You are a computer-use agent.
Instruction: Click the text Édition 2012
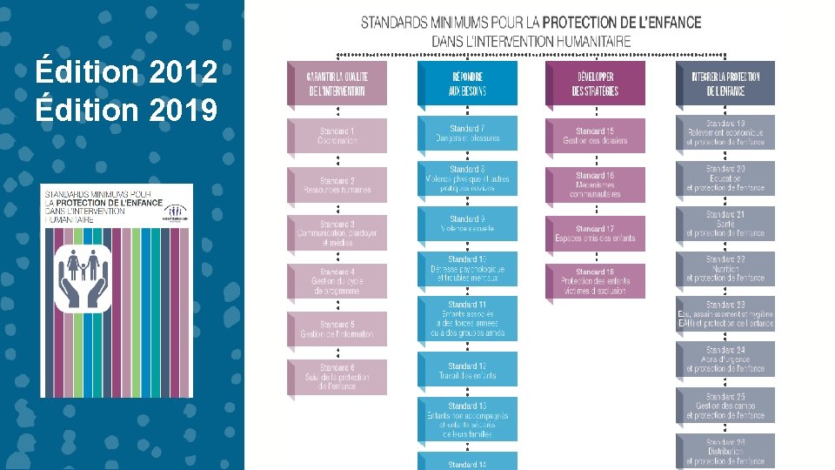coord(127,72)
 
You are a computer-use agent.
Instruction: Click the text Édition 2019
coord(127,110)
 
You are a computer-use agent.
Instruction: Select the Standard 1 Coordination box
coord(337,136)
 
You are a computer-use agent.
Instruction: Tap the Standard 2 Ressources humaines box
coord(337,185)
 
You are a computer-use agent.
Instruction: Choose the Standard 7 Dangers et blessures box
coord(467,133)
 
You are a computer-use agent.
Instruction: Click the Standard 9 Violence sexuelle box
coord(467,224)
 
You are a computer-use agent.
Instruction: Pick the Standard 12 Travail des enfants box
coord(467,370)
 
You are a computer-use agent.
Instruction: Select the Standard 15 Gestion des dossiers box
coord(595,136)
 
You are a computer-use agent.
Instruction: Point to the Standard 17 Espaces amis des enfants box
coord(595,233)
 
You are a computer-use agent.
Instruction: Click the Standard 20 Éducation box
coord(725,178)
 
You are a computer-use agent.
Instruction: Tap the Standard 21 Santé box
coord(725,224)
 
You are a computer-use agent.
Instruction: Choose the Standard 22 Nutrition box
coord(725,269)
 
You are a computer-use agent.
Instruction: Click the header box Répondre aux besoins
coord(467,84)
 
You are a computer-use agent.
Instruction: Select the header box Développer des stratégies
coord(595,84)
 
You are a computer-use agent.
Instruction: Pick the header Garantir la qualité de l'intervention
coord(337,84)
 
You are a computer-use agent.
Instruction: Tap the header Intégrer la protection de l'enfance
coord(725,84)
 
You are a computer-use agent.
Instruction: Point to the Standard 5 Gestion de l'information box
coord(337,329)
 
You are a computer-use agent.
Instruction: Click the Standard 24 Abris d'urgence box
coord(725,359)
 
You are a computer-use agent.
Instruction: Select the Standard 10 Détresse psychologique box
coord(467,269)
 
